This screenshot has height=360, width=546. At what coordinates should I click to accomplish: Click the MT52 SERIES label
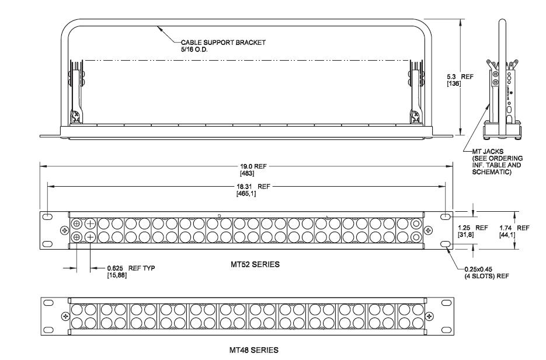[x=255, y=264]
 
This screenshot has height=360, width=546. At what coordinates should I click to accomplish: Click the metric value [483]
[x=246, y=173]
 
